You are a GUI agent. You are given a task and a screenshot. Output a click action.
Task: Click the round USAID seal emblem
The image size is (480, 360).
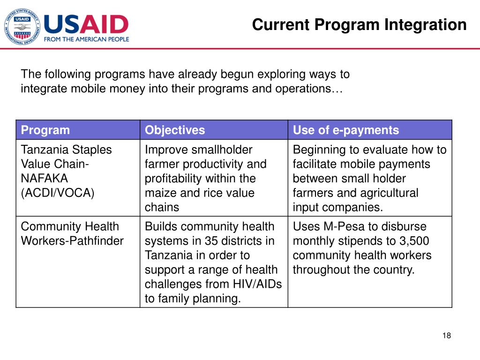click(x=21, y=28)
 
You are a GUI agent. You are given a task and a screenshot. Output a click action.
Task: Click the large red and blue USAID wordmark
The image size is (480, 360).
click(x=86, y=24)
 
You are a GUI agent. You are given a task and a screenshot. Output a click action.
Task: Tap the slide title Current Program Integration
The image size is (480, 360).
click(x=359, y=24)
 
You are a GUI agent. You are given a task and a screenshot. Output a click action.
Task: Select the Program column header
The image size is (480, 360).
click(x=45, y=130)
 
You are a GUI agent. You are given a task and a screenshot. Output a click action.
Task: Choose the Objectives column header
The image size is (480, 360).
click(x=175, y=130)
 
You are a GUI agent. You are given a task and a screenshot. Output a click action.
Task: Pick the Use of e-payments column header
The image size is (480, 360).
click(x=346, y=130)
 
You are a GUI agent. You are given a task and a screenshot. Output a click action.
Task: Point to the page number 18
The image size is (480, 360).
click(x=446, y=335)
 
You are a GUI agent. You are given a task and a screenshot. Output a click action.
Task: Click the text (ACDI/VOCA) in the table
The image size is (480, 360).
click(x=58, y=193)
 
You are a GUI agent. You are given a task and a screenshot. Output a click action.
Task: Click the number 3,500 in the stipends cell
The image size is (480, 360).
click(x=413, y=241)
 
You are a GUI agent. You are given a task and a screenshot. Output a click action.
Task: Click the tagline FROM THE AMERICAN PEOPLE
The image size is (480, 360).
click(x=86, y=40)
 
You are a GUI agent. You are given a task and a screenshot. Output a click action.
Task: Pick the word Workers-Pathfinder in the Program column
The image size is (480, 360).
click(x=72, y=241)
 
